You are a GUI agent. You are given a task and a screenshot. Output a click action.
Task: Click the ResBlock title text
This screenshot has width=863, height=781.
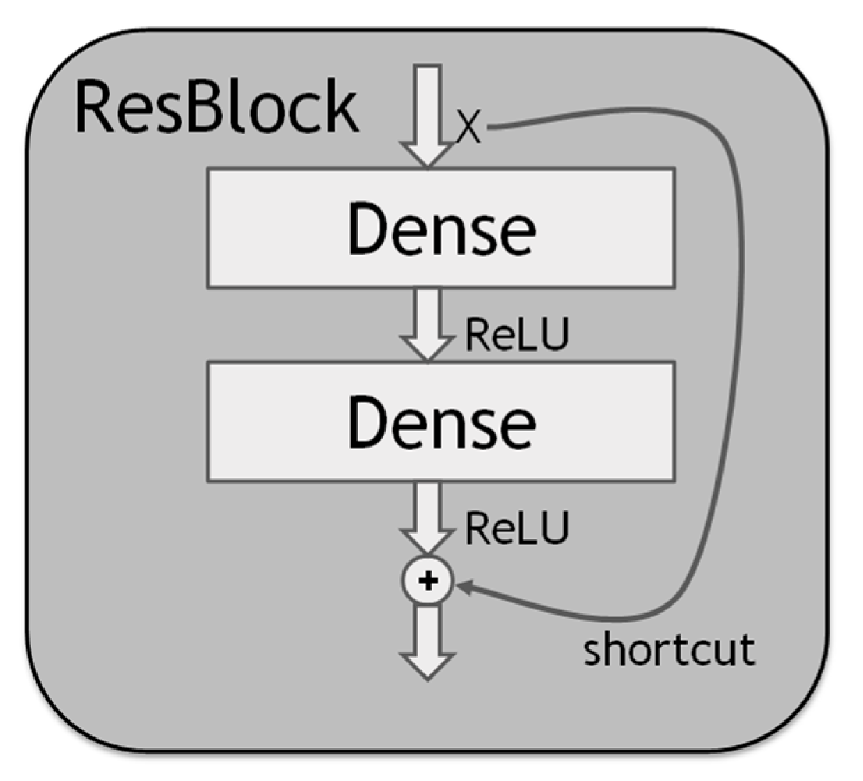(x=216, y=106)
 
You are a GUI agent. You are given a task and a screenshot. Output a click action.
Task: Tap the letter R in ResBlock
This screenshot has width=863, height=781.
(x=95, y=106)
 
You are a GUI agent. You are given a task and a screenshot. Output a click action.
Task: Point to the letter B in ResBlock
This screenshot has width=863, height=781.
(x=209, y=106)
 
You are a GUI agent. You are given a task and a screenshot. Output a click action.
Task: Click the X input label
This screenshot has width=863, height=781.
(x=468, y=127)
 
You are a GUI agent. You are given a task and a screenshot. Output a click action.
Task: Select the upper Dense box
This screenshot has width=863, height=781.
(x=441, y=228)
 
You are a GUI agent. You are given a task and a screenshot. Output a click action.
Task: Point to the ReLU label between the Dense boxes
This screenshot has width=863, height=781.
(x=516, y=334)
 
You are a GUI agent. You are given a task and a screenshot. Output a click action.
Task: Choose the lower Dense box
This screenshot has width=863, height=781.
(x=441, y=421)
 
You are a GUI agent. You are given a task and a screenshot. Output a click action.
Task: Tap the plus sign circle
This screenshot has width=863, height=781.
(x=427, y=581)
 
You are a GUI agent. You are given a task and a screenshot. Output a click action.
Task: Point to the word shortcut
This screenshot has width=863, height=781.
(x=669, y=649)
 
